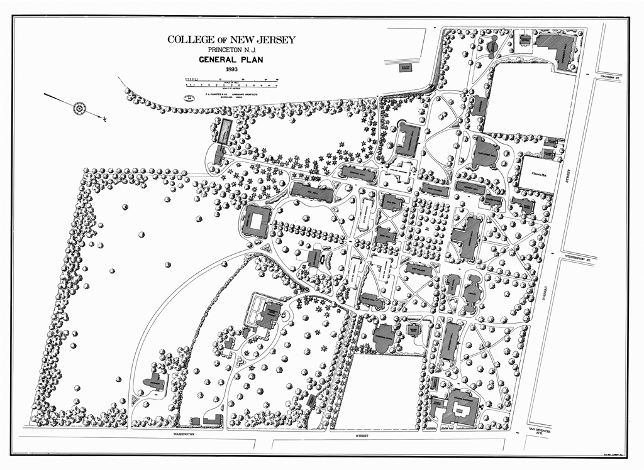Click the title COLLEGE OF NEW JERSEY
click(231, 40)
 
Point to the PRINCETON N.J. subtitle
click(231, 50)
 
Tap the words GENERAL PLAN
click(231, 61)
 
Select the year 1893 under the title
click(231, 70)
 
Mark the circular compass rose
click(80, 108)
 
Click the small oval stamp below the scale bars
click(189, 98)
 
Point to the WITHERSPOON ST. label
click(579, 258)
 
